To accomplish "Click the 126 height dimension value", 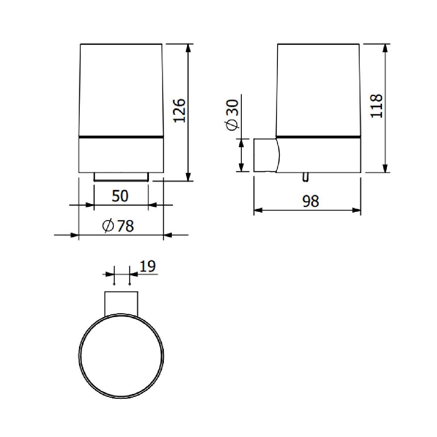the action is pyautogui.click(x=180, y=110).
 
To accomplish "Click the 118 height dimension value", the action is pyautogui.click(x=377, y=106).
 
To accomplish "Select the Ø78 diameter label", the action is pyautogui.click(x=118, y=226).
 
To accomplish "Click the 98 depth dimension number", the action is pyautogui.click(x=311, y=201).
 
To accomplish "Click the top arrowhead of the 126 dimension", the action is pyautogui.click(x=188, y=48).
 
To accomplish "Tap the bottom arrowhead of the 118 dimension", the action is pyautogui.click(x=385, y=168).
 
